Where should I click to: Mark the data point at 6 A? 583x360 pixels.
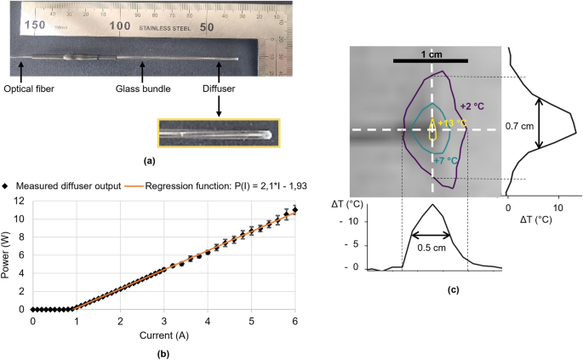click(x=294, y=209)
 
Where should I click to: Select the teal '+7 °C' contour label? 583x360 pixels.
click(x=448, y=159)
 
